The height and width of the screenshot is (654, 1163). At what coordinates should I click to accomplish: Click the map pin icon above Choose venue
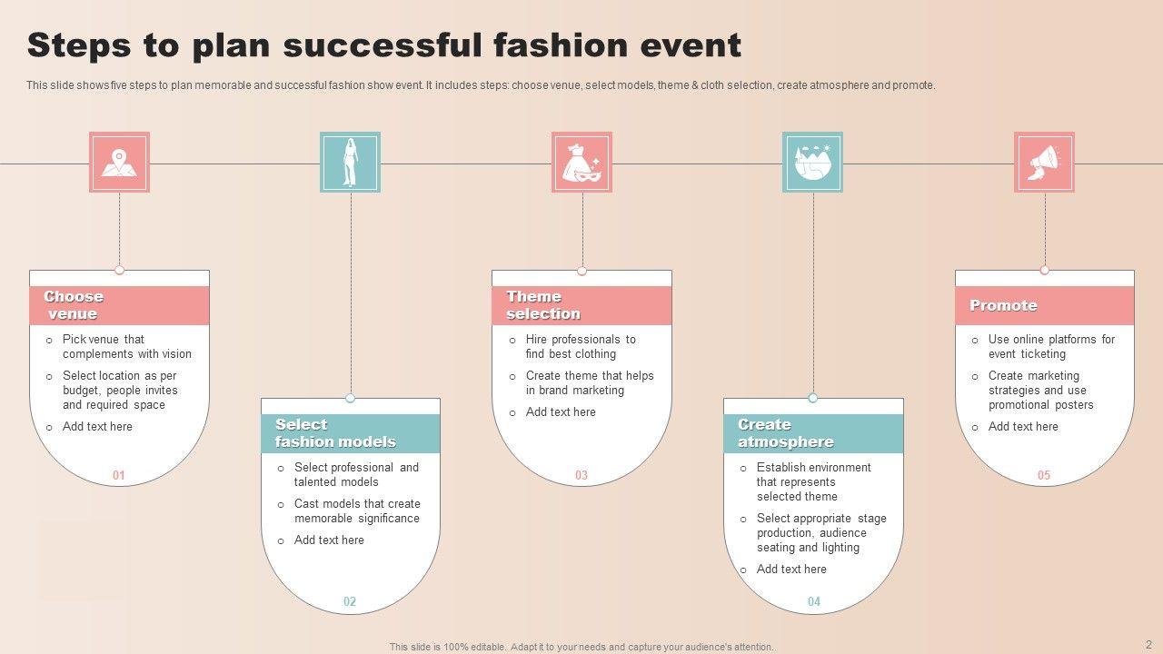[119, 163]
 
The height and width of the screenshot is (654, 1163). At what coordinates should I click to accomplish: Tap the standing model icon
[350, 163]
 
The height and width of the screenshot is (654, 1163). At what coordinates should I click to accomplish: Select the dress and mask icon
[581, 163]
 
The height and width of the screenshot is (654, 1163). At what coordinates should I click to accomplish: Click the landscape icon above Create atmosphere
[812, 163]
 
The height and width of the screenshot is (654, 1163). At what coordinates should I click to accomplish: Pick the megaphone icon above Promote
[1044, 163]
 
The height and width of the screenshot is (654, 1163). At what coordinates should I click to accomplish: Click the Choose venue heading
[74, 305]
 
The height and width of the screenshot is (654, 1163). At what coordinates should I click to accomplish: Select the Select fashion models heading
[335, 433]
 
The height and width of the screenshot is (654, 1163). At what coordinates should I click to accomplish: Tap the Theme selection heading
[542, 305]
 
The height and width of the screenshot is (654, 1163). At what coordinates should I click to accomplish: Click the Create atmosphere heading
[785, 433]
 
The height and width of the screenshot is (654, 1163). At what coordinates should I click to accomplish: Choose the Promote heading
[1003, 305]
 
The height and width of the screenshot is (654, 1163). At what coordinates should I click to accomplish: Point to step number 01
[119, 475]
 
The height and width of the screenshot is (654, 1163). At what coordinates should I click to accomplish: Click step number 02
[350, 601]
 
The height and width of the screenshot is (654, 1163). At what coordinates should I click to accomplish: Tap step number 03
[581, 475]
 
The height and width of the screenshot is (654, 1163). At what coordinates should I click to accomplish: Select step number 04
[813, 601]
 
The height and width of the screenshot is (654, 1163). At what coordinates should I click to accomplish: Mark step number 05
[1044, 475]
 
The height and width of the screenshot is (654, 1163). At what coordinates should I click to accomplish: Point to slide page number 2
[1148, 644]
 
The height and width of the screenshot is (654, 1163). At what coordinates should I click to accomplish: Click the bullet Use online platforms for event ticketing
[1050, 346]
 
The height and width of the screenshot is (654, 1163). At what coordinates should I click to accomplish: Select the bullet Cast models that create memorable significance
[356, 510]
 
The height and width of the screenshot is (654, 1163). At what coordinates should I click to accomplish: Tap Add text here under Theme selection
[561, 411]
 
